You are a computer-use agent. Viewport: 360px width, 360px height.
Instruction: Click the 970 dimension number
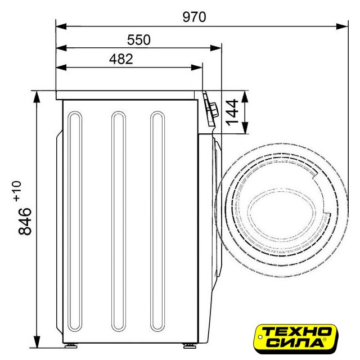point(194,17)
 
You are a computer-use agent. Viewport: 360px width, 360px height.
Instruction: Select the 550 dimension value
point(139,40)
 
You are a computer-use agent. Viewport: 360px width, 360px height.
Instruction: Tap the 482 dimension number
point(121,59)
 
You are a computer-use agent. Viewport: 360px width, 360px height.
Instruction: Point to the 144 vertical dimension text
point(232,112)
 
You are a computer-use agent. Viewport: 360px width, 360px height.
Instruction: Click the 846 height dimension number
point(25,221)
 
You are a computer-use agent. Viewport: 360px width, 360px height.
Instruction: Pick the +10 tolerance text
point(17,191)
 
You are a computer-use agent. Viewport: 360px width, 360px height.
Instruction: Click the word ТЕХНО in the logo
point(296,332)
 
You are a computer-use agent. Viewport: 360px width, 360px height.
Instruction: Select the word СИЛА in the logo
point(296,343)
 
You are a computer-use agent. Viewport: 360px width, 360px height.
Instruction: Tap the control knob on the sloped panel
point(213,110)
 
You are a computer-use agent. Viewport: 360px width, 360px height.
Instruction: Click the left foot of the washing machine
point(71,346)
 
